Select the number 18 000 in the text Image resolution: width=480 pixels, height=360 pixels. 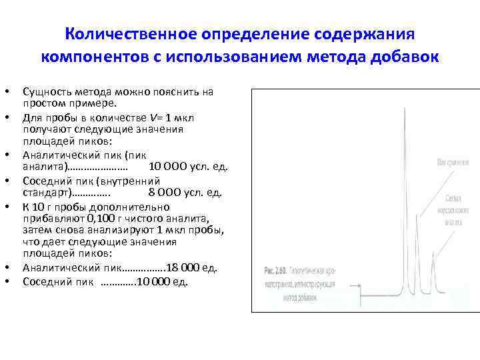(183, 267)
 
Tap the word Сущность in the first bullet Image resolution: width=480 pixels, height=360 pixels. (44, 90)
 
